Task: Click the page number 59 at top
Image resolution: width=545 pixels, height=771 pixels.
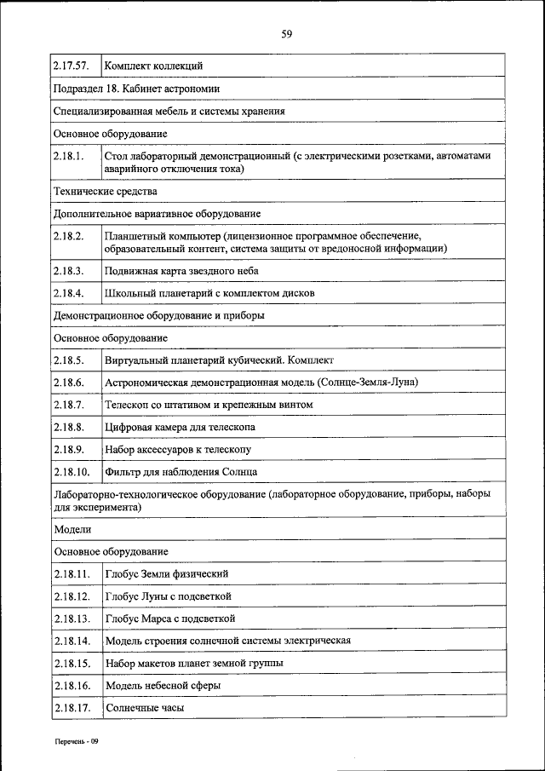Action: (x=286, y=34)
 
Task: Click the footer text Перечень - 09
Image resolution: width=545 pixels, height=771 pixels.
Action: (x=74, y=741)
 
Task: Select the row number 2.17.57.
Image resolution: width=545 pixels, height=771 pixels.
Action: (x=71, y=66)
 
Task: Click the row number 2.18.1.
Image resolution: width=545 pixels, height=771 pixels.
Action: (x=68, y=157)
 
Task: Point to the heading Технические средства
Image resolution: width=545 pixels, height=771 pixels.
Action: (x=105, y=191)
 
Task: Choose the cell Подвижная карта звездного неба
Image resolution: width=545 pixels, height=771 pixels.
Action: (x=181, y=270)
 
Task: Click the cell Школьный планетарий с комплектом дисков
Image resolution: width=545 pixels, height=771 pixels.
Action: (x=209, y=292)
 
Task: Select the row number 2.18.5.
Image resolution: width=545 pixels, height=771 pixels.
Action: (x=68, y=360)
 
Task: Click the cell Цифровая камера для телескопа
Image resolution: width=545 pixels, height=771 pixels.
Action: (x=180, y=426)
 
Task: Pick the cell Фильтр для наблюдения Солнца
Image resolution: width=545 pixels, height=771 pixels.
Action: (x=181, y=471)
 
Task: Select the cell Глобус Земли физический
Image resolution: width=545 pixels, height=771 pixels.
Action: (x=167, y=573)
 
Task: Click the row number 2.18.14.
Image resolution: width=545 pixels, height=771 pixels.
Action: (x=71, y=640)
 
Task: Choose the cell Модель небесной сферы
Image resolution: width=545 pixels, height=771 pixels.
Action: (x=163, y=685)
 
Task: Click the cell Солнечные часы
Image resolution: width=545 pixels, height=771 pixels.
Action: (x=145, y=707)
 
